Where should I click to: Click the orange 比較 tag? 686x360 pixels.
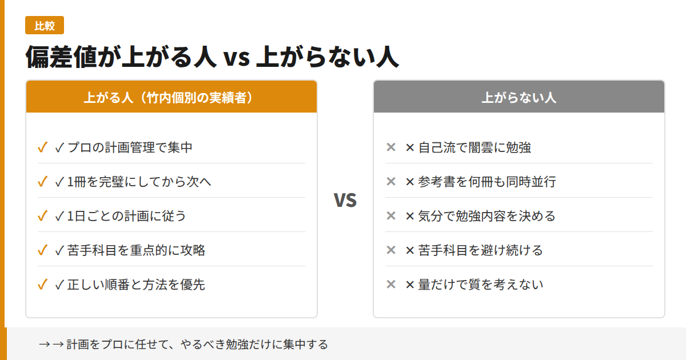point(44,26)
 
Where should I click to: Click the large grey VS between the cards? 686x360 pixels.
point(345,200)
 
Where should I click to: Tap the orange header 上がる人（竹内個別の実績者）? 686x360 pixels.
point(171,97)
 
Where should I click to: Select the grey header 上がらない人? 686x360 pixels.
point(519,97)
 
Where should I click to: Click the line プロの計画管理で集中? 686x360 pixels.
point(123,147)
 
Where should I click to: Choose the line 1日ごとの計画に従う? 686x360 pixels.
point(121,216)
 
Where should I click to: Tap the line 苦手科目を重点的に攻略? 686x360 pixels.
point(130,250)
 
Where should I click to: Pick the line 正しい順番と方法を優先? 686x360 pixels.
point(130,285)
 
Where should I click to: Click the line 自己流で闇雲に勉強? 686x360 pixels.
point(468,147)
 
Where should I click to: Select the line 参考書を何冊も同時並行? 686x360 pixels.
point(480,182)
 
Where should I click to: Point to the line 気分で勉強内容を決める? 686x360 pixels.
point(480,216)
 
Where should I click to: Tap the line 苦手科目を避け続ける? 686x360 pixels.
point(474,250)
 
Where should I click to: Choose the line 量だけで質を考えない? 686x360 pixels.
point(474,285)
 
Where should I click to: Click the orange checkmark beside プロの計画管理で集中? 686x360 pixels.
point(42,147)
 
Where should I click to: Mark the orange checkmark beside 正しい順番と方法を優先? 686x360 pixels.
point(42,285)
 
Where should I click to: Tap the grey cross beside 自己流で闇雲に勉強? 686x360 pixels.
point(391,147)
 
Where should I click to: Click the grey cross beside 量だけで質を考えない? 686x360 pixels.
point(391,285)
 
